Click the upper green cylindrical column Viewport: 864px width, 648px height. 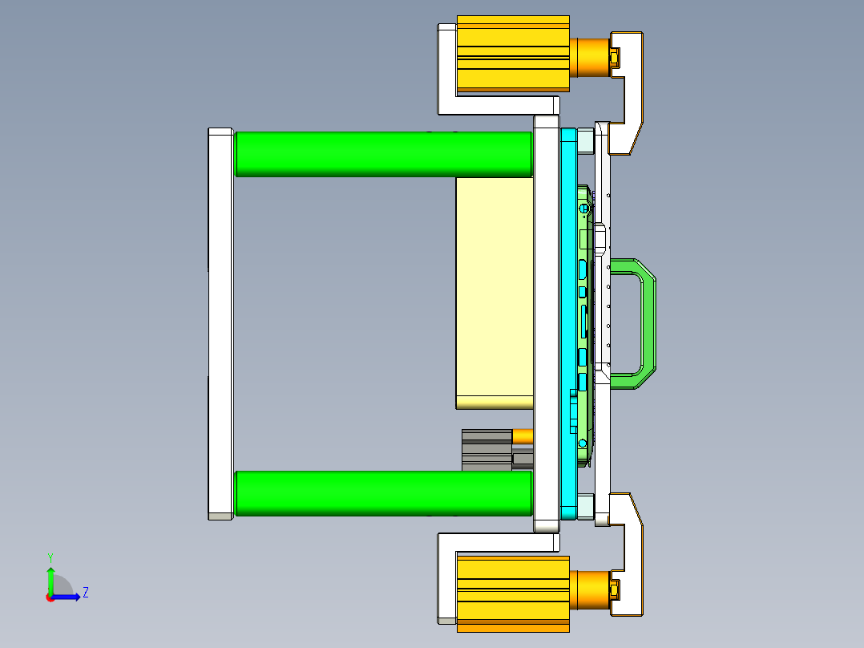383,153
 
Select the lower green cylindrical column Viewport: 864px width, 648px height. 383,492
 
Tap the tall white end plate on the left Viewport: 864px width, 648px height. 220,321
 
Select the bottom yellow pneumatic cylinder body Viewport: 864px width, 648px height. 512,593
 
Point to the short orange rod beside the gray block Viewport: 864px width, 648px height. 523,436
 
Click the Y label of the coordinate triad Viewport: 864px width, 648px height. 50,557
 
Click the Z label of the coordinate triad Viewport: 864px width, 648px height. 85,593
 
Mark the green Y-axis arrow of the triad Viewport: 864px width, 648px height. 50,579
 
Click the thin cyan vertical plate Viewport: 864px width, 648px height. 568,321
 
